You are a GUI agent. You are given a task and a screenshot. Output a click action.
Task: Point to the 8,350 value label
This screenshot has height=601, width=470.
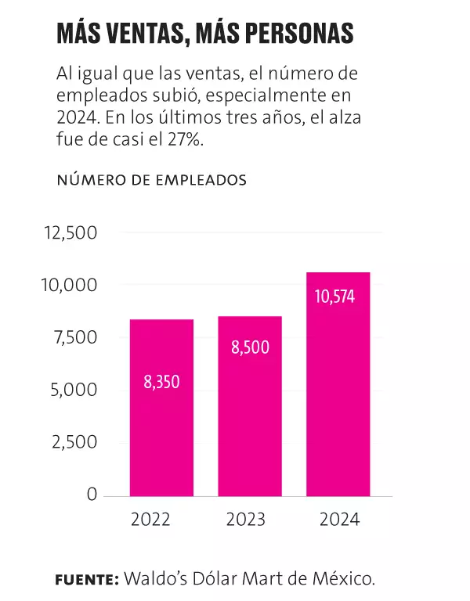coord(162,383)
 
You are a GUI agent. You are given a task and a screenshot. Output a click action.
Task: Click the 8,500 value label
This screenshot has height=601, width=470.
coord(250,347)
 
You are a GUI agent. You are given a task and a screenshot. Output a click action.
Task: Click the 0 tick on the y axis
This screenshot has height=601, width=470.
coord(92,495)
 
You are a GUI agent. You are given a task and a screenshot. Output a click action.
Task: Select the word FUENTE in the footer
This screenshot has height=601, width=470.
coord(86,581)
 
